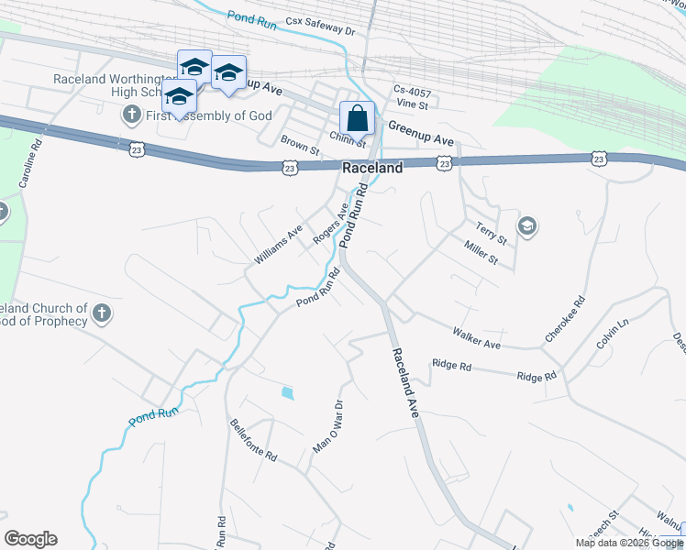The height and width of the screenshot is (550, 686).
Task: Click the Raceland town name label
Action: pyautogui.click(x=372, y=169)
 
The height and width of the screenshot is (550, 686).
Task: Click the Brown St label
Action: pyautogui.click(x=299, y=144)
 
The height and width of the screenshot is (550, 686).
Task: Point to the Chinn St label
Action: pyautogui.click(x=348, y=140)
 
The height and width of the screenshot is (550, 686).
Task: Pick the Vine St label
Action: pyautogui.click(x=413, y=105)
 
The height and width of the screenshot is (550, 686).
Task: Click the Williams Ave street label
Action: pyautogui.click(x=278, y=246)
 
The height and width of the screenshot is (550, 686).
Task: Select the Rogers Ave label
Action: pyautogui.click(x=330, y=225)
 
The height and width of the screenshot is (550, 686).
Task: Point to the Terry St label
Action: pyautogui.click(x=492, y=232)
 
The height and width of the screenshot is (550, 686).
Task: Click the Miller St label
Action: pyautogui.click(x=481, y=253)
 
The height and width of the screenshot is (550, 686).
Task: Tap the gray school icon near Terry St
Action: pyautogui.click(x=526, y=226)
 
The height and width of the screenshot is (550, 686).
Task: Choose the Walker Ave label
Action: pyautogui.click(x=476, y=337)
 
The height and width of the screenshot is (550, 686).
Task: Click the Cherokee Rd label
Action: pyautogui.click(x=564, y=319)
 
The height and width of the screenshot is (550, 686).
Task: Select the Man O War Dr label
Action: pyautogui.click(x=327, y=426)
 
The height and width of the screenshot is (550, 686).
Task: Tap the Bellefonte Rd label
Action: pyautogui.click(x=253, y=439)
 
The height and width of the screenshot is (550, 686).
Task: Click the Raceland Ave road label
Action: pyautogui.click(x=404, y=383)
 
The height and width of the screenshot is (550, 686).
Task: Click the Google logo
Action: pyautogui.click(x=30, y=539)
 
